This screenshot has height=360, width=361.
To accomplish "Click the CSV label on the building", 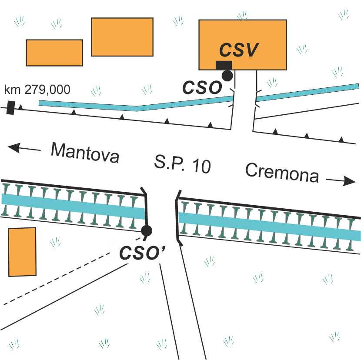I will (239, 50).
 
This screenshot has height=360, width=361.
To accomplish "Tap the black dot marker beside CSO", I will (227, 75).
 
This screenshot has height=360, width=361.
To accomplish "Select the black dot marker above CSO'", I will (147, 230).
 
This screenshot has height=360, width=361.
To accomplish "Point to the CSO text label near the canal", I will (202, 88).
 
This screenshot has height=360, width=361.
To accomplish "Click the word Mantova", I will (85, 152).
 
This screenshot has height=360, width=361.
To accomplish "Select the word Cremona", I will (282, 173).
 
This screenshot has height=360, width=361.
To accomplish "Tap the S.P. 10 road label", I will (182, 164).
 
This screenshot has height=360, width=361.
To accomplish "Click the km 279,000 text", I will (37, 90).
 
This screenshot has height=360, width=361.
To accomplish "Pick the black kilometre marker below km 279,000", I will (10, 107).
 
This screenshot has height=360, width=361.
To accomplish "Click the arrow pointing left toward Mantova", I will (24, 148).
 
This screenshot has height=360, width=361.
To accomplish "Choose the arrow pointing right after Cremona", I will (341, 181).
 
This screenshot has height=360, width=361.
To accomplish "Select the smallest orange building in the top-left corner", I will (54, 53).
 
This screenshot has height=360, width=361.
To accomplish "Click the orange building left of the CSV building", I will (122, 37).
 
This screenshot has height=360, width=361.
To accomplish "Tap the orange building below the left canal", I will (22, 252).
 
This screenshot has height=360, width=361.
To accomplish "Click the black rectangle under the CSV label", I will (224, 65).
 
